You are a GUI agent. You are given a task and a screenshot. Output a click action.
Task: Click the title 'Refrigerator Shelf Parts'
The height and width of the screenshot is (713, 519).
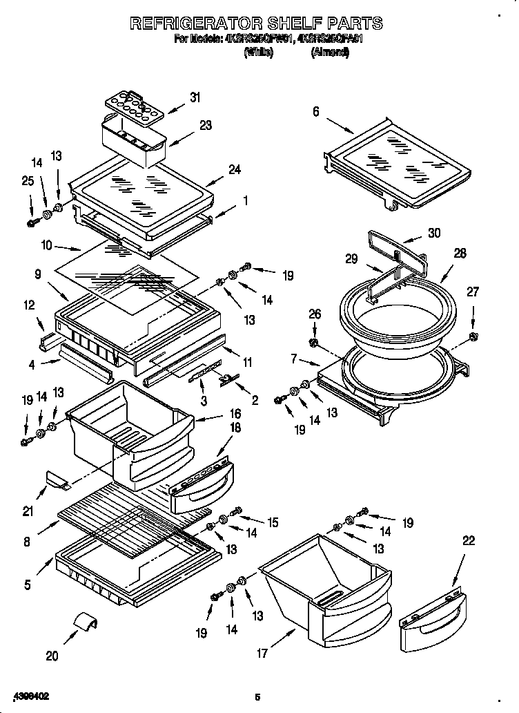pos(256,23)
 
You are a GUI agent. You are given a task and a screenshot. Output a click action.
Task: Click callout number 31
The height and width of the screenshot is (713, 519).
pos(195,97)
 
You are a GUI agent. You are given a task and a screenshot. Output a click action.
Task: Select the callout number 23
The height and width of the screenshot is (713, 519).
pos(206,125)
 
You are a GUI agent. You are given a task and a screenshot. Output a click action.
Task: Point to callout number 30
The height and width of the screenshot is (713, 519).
pos(433,233)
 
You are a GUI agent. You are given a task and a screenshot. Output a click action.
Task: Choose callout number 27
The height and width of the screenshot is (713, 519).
pos(473,292)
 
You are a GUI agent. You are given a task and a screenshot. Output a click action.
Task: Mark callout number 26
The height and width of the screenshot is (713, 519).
pos(315,314)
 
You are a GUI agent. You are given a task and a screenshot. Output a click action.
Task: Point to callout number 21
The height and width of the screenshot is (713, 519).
pos(28,511)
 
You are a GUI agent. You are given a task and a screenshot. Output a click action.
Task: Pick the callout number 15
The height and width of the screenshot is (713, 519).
pos(273,524)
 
